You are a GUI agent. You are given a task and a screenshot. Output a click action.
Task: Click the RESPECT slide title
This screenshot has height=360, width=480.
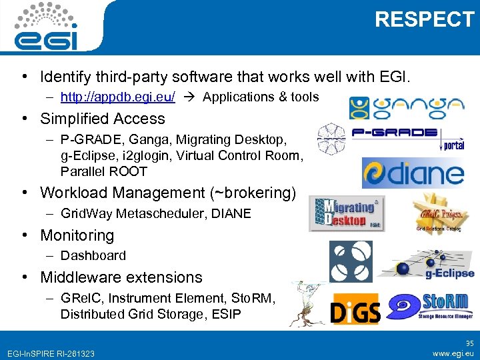tap(424, 20)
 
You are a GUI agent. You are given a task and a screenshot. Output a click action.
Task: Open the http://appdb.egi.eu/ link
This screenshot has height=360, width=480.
tap(118, 97)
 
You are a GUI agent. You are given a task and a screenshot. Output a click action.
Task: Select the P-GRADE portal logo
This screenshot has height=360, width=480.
tap(391, 137)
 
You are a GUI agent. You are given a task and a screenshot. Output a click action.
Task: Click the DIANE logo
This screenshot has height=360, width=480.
tap(413, 172)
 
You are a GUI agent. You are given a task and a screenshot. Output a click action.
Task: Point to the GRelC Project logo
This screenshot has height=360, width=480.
tap(437, 213)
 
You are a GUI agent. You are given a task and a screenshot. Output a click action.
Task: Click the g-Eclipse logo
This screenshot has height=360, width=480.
tap(426, 263)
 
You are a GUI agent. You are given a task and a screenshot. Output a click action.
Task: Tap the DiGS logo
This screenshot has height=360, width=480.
tap(355, 310)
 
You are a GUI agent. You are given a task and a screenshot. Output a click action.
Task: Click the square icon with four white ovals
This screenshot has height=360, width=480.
tap(347, 259)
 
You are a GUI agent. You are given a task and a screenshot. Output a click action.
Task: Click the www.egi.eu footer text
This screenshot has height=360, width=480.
tap(453, 353)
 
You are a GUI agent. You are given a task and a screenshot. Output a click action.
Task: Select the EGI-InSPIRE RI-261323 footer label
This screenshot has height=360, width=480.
tap(49, 353)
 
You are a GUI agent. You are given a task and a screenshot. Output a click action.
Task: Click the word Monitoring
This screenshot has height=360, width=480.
tap(77, 235)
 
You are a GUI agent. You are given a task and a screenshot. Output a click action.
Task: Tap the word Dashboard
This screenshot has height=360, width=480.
tap(93, 255)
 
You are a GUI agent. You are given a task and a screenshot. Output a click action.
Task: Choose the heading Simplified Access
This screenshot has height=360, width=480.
tap(103, 119)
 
